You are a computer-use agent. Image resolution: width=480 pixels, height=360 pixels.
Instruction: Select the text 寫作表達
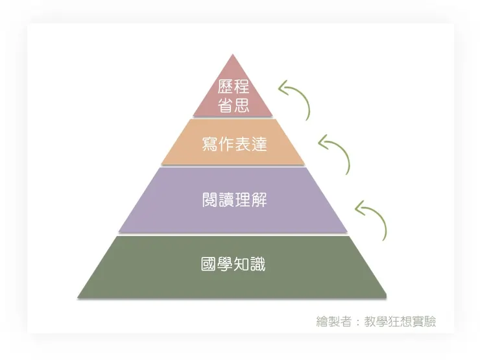pyautogui.click(x=234, y=144)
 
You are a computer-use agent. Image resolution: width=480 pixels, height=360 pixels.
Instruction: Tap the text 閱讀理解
pyautogui.click(x=234, y=200)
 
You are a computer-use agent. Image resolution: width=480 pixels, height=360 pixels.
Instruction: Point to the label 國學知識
pyautogui.click(x=234, y=265)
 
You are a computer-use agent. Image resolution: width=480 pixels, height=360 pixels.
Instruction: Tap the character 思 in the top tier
pyautogui.click(x=242, y=105)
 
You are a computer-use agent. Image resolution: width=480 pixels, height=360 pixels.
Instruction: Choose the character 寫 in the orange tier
pyautogui.click(x=210, y=144)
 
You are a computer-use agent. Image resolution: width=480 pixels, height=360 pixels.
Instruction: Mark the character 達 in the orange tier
pyautogui.click(x=258, y=144)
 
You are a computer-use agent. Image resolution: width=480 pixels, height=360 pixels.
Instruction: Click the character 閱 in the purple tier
pyautogui.click(x=210, y=200)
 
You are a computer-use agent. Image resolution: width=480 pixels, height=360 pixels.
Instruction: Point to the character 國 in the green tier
pyautogui.click(x=210, y=265)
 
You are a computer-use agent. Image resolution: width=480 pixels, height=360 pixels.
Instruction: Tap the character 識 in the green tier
pyautogui.click(x=258, y=265)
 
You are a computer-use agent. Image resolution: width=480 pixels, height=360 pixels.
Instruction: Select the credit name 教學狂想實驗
pyautogui.click(x=400, y=321)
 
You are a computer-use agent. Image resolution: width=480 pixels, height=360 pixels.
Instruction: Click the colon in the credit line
pyautogui.click(x=359, y=322)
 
